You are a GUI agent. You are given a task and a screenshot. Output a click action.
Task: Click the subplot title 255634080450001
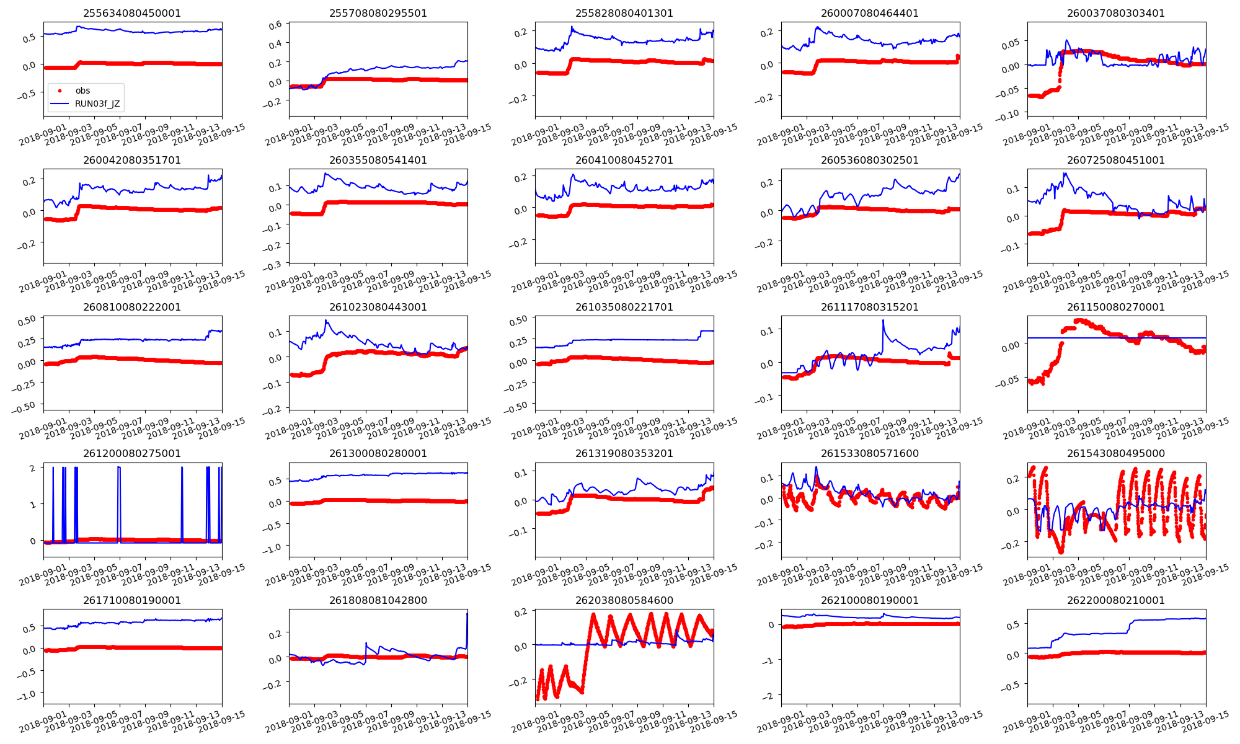click(132, 13)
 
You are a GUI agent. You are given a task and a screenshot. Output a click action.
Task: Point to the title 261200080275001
click(132, 453)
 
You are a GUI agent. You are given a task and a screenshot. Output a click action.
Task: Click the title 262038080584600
click(624, 600)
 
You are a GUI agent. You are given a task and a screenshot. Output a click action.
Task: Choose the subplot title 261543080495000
click(1115, 453)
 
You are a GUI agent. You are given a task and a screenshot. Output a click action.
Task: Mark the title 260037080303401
click(1115, 13)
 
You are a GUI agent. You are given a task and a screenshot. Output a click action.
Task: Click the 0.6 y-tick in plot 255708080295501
click(275, 25)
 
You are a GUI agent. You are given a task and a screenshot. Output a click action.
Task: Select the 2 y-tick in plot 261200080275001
click(33, 468)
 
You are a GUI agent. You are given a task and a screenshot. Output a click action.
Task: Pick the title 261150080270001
click(1115, 307)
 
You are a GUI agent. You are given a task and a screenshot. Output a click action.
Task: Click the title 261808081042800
click(378, 600)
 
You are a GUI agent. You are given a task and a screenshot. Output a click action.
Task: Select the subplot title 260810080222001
click(132, 307)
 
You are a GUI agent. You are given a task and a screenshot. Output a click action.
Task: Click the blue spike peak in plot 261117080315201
click(883, 321)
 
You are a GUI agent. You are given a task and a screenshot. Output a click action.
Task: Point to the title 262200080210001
click(1115, 600)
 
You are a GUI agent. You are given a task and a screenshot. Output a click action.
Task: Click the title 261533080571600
click(870, 453)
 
